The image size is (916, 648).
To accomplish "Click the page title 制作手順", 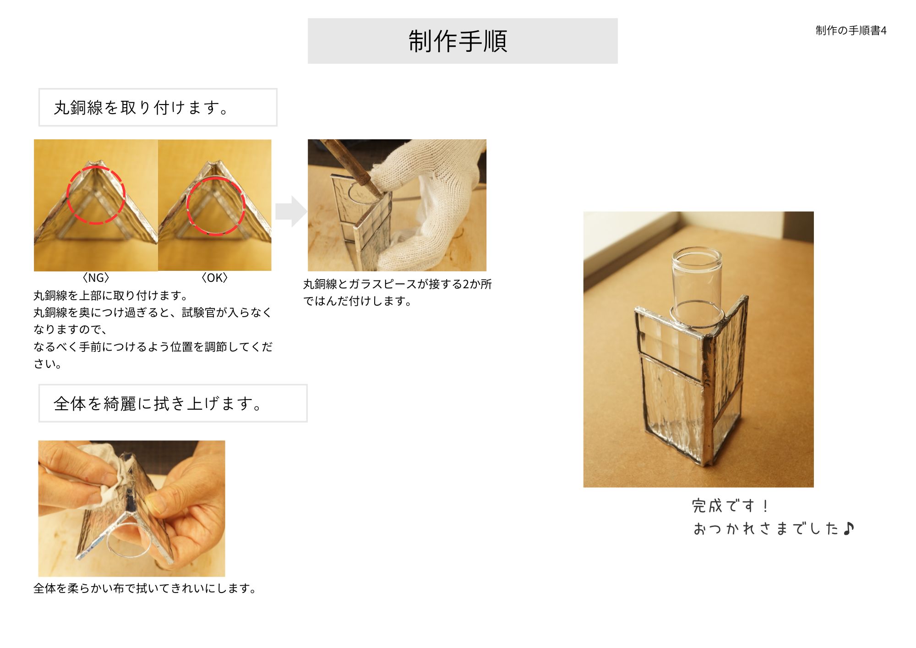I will (x=458, y=41).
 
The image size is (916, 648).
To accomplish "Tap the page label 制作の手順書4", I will (x=851, y=31).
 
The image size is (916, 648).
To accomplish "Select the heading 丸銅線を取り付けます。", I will (x=141, y=108).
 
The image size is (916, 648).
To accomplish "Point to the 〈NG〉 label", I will (x=96, y=278).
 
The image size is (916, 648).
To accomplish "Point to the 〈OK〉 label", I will (x=214, y=278).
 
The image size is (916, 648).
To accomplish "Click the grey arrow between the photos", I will (x=291, y=211).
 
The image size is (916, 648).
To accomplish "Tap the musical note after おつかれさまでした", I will (x=848, y=528).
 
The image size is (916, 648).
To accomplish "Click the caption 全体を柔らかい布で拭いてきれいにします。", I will (x=145, y=588).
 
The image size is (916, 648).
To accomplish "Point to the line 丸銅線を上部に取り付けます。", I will (x=110, y=296).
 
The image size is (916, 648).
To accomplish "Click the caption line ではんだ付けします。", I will (x=357, y=301).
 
